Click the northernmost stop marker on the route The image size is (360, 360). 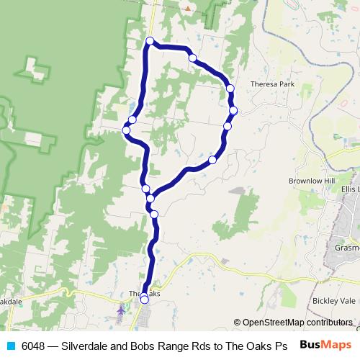(150, 40)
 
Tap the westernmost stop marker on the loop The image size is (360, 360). (126, 130)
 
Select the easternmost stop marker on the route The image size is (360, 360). (233, 110)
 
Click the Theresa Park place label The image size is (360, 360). (273, 84)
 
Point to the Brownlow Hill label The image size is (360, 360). (312, 181)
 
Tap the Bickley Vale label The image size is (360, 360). (334, 300)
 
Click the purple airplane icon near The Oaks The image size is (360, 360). (120, 310)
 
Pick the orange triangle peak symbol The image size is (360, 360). (188, 9)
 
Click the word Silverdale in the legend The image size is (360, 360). (94, 346)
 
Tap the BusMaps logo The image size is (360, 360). (325, 345)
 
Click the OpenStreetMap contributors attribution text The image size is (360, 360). (298, 323)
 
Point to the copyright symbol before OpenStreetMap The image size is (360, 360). (237, 323)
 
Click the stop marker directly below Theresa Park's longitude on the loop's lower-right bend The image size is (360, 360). (212, 160)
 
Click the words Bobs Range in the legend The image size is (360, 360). (167, 346)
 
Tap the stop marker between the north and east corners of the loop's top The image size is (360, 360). (192, 58)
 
